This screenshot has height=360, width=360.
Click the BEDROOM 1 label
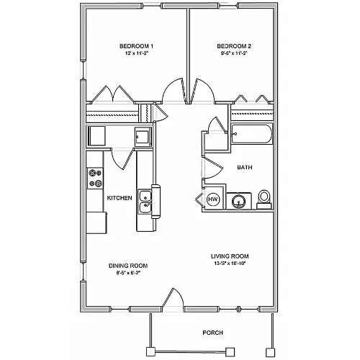click(136, 46)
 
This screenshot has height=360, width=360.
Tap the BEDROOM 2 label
click(234, 46)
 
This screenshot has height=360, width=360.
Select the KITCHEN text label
click(120, 198)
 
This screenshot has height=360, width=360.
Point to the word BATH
click(245, 167)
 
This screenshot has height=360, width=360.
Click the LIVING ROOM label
click(230, 256)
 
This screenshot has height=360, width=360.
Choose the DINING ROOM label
click(128, 266)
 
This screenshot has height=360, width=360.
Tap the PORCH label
click(213, 333)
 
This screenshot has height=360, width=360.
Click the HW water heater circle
click(213, 199)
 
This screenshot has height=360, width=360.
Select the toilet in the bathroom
click(264, 199)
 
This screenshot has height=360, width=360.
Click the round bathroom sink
click(238, 201)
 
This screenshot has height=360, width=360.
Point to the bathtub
click(252, 134)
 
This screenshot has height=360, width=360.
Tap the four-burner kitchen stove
click(95, 178)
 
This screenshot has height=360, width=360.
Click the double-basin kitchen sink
click(145, 202)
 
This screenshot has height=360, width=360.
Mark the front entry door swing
click(174, 297)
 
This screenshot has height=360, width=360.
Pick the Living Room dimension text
click(230, 264)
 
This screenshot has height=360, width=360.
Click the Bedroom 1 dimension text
click(136, 53)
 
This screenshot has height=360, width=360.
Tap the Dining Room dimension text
click(128, 273)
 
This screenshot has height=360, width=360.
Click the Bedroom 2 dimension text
click(234, 53)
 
